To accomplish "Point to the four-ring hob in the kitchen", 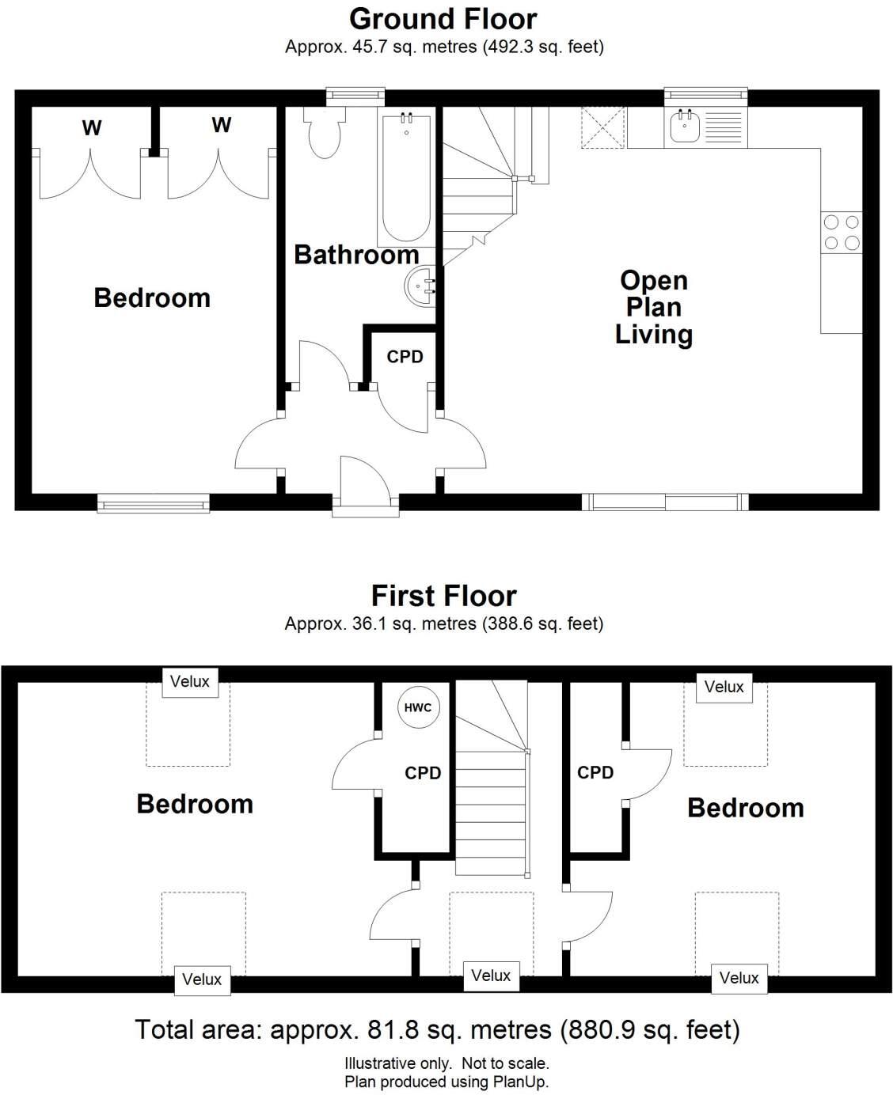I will coord(841,233).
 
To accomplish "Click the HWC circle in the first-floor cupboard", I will coord(418,707).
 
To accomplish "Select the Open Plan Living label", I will coord(653,307).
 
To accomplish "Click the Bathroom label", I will coord(356,255).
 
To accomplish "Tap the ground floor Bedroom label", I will coord(152,297).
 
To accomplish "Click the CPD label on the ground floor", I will coord(405,357).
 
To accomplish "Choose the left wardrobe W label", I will coord(92,127).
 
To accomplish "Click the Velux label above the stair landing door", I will coord(491,976).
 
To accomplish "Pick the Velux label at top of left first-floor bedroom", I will coord(190,681).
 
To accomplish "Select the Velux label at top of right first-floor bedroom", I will coord(724,687).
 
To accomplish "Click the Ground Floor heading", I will coord(443,18).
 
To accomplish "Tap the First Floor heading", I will coord(443,595).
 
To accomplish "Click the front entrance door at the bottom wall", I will coord(364,483).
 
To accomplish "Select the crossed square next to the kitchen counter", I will coord(602,127).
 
